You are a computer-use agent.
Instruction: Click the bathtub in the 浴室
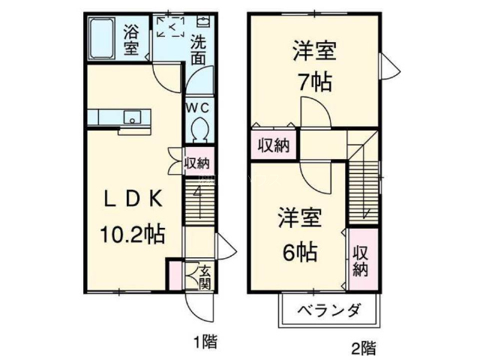102,38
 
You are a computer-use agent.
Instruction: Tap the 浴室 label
131,40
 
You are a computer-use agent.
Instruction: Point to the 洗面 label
198,50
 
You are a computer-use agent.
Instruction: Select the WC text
198,108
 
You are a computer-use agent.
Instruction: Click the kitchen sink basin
132,117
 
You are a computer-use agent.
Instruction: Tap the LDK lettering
133,199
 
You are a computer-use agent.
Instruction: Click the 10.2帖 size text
133,235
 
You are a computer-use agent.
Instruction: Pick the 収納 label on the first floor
196,163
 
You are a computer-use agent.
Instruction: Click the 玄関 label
205,277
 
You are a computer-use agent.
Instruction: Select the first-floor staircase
199,202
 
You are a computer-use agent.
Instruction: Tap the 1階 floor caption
205,342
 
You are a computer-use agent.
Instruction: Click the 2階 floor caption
364,348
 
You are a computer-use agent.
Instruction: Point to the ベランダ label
328,311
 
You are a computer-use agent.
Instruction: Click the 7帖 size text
316,82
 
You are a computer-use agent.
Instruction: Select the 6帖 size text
300,253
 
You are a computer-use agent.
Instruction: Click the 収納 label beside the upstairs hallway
273,145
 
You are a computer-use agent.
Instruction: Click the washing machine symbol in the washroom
171,27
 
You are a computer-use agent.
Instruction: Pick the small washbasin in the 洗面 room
202,22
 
